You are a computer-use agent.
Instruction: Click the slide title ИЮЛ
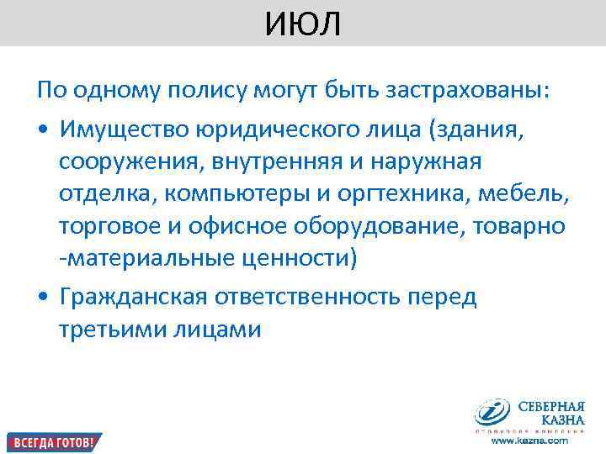tap(303, 24)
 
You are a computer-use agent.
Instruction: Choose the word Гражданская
tap(136, 298)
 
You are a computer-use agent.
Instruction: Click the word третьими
tap(111, 330)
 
